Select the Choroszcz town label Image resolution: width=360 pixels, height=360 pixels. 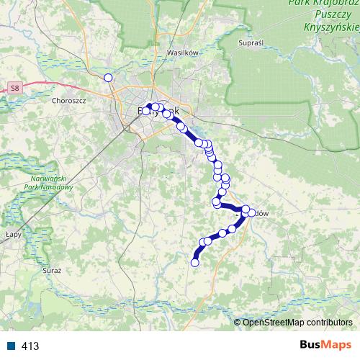[69, 101]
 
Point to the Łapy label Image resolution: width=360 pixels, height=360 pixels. [13, 234]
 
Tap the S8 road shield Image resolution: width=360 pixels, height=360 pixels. [15, 88]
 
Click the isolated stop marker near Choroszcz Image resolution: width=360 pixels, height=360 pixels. [108, 78]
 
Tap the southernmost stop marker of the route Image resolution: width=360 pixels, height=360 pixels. [194, 263]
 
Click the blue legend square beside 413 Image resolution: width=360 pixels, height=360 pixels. [12, 346]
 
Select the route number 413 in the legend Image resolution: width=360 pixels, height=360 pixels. [30, 346]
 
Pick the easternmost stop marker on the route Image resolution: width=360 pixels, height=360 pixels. [251, 212]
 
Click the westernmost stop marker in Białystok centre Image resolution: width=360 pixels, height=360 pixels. [146, 111]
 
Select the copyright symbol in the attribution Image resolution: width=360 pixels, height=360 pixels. [238, 322]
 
